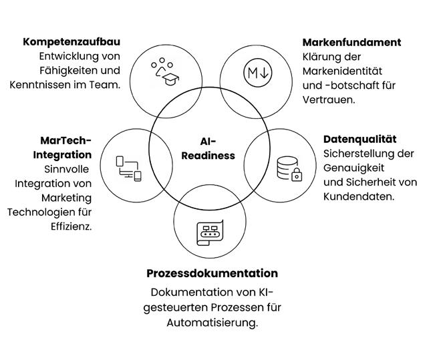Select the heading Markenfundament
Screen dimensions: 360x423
point(351,42)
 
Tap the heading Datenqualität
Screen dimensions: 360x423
point(360,139)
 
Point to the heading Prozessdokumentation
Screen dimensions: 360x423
point(212,273)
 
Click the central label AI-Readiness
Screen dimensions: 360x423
point(208,148)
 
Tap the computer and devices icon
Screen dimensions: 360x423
point(128,167)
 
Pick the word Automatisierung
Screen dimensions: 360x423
point(211,323)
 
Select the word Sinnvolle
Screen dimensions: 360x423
point(67,168)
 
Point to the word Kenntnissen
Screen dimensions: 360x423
point(43,85)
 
